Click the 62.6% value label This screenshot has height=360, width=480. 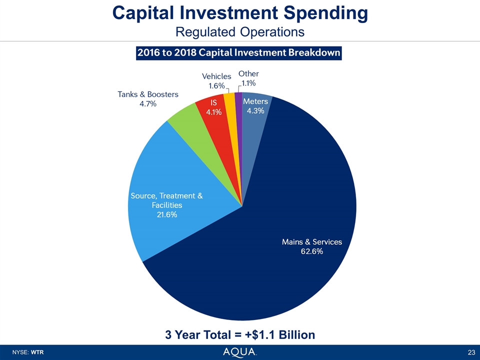click(311, 251)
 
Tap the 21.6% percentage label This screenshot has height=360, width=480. click(166, 214)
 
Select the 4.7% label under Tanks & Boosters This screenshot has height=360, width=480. click(147, 103)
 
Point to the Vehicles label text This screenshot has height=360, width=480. click(216, 76)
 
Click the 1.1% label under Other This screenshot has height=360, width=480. click(248, 83)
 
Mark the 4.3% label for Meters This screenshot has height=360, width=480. click(255, 111)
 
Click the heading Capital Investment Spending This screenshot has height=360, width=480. click(240, 13)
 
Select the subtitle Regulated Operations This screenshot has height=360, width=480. click(240, 31)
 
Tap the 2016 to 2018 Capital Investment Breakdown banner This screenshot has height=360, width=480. click(239, 52)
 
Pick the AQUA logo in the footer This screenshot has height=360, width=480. click(240, 352)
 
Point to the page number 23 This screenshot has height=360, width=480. click(471, 352)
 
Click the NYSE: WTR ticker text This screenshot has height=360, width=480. click(30, 352)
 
